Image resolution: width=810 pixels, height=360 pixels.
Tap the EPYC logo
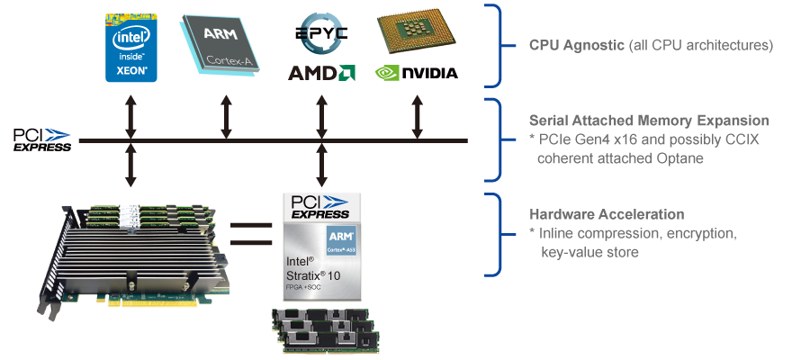point(321,34)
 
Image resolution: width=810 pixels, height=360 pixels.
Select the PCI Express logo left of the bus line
point(41,139)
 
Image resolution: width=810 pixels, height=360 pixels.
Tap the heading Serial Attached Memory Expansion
point(649,121)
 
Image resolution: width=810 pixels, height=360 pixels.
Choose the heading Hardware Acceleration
point(607,215)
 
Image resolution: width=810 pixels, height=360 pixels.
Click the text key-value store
point(589,253)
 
